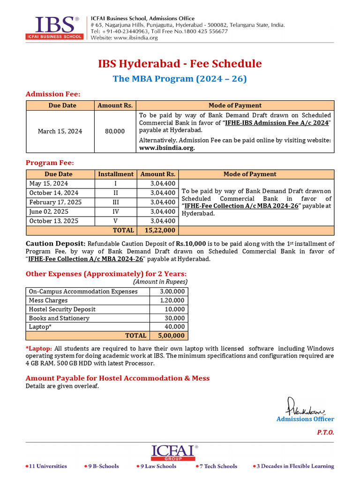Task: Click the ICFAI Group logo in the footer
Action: [x=173, y=452]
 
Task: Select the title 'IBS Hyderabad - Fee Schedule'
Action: [x=180, y=64]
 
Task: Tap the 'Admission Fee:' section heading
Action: [x=53, y=94]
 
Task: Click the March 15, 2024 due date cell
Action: [x=60, y=131]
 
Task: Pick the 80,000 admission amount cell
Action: [x=115, y=131]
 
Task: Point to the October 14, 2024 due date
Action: [x=54, y=193]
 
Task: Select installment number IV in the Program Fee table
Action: [x=115, y=211]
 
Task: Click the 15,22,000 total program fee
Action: [x=160, y=230]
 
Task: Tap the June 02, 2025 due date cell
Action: [x=49, y=211]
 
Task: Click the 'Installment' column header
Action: [x=115, y=174]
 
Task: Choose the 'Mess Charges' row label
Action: [x=48, y=300]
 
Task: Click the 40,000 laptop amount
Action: [x=175, y=327]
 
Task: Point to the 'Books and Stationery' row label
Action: [x=59, y=318]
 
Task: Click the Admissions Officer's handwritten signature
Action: [x=305, y=405]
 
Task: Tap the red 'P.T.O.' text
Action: [x=325, y=432]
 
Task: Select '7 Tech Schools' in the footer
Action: [x=218, y=466]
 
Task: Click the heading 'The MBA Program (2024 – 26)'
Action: [x=180, y=79]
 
